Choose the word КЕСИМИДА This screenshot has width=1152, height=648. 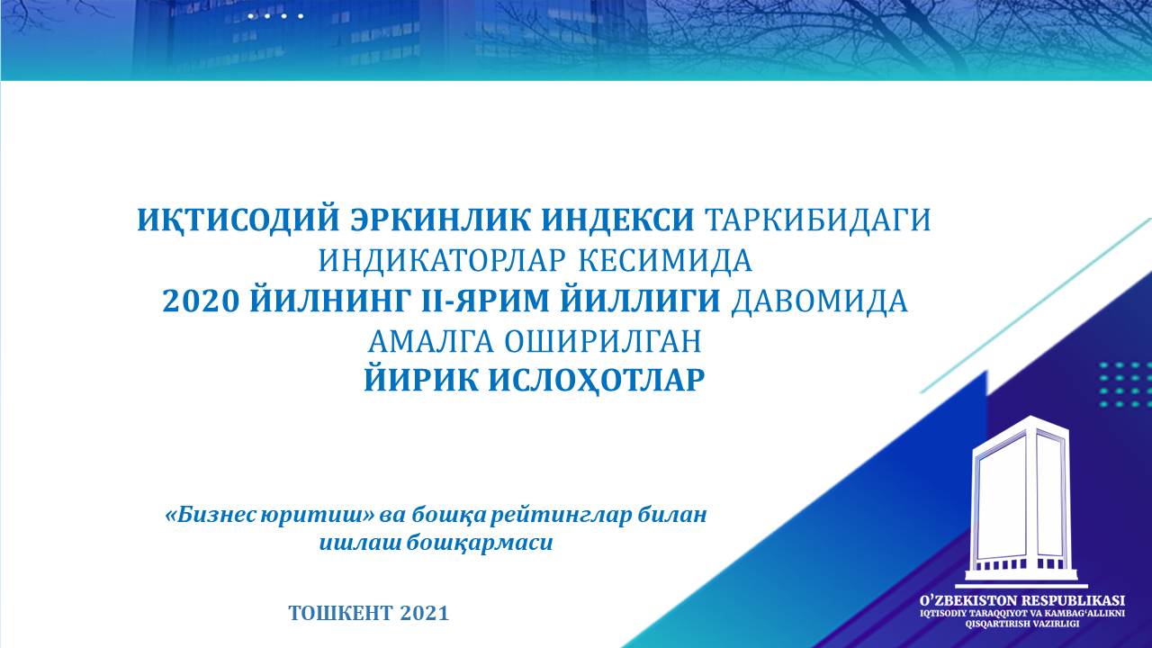(666, 261)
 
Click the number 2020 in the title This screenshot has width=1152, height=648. (201, 301)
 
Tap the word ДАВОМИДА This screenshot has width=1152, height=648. (819, 301)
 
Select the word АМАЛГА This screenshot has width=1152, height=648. (431, 342)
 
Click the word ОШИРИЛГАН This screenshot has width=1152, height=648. (603, 342)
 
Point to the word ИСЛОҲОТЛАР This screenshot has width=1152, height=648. (596, 382)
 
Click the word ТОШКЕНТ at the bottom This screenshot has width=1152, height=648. (340, 613)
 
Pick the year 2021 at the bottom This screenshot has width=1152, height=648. (424, 613)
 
